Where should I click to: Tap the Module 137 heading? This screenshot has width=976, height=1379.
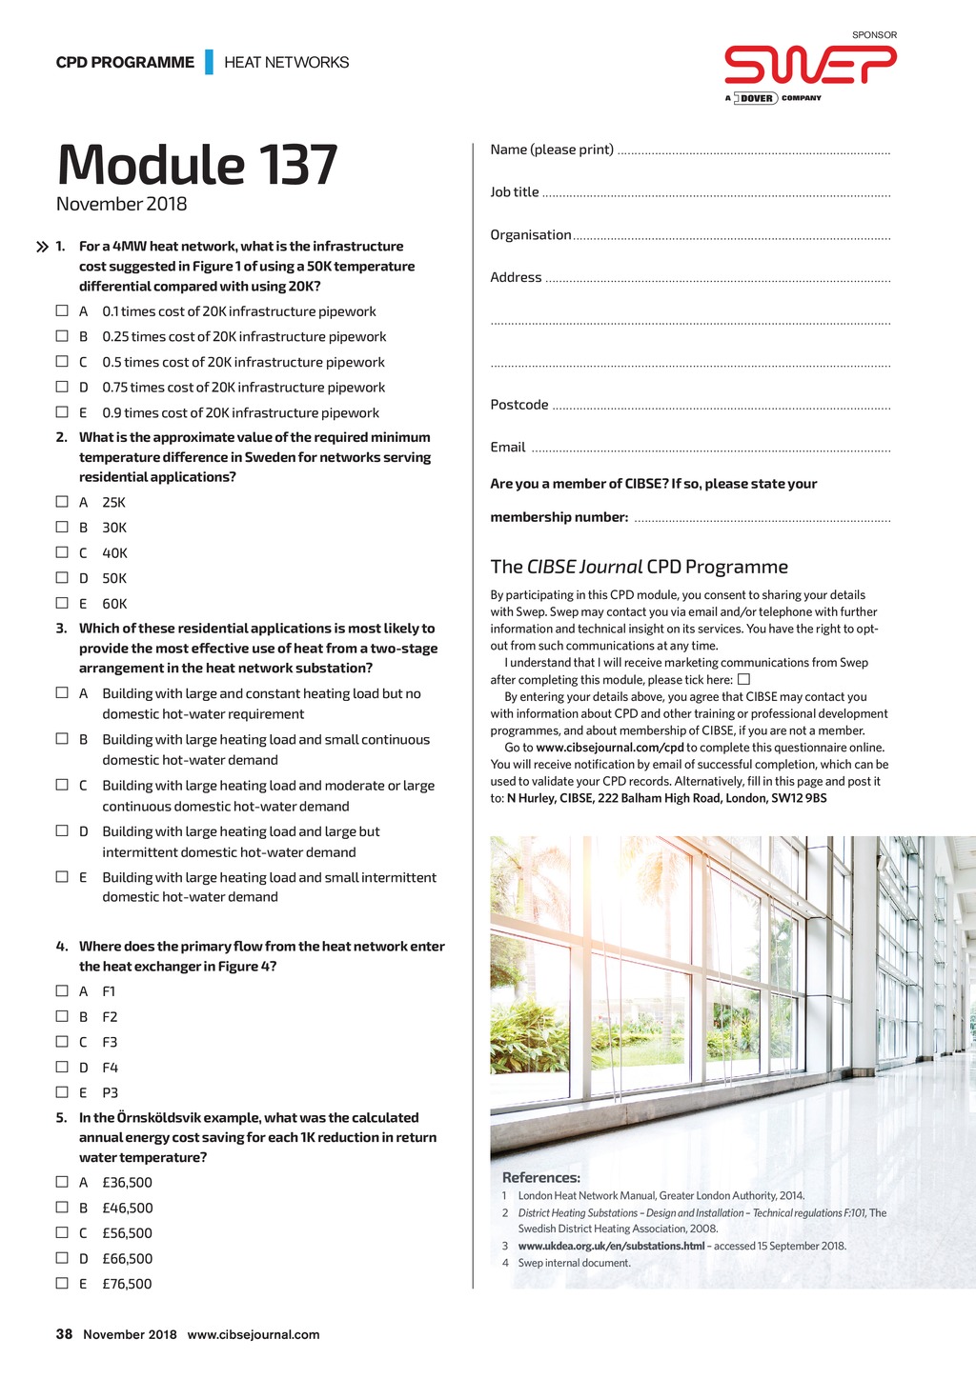(197, 164)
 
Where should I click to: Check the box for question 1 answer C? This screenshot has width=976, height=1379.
(62, 362)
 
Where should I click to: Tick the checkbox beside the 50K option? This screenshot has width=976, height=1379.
(62, 577)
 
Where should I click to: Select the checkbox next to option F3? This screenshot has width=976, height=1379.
(62, 1041)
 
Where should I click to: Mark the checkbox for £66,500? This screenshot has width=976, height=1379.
(62, 1257)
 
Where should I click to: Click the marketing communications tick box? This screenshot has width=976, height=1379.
(743, 679)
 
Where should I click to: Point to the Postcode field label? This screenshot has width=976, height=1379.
(518, 405)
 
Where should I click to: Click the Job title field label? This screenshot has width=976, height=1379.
(515, 192)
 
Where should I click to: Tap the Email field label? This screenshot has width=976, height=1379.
(508, 448)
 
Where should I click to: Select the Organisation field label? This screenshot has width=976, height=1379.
(531, 235)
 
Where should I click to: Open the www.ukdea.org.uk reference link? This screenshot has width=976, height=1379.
(611, 1246)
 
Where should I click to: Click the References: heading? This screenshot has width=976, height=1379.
(540, 1177)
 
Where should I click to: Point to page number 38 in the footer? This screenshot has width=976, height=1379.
(64, 1334)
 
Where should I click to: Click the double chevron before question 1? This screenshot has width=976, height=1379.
(42, 247)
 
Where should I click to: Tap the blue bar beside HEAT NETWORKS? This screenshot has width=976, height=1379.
(209, 62)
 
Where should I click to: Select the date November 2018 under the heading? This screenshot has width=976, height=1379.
(121, 204)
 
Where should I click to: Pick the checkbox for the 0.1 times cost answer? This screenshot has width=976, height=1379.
(62, 310)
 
